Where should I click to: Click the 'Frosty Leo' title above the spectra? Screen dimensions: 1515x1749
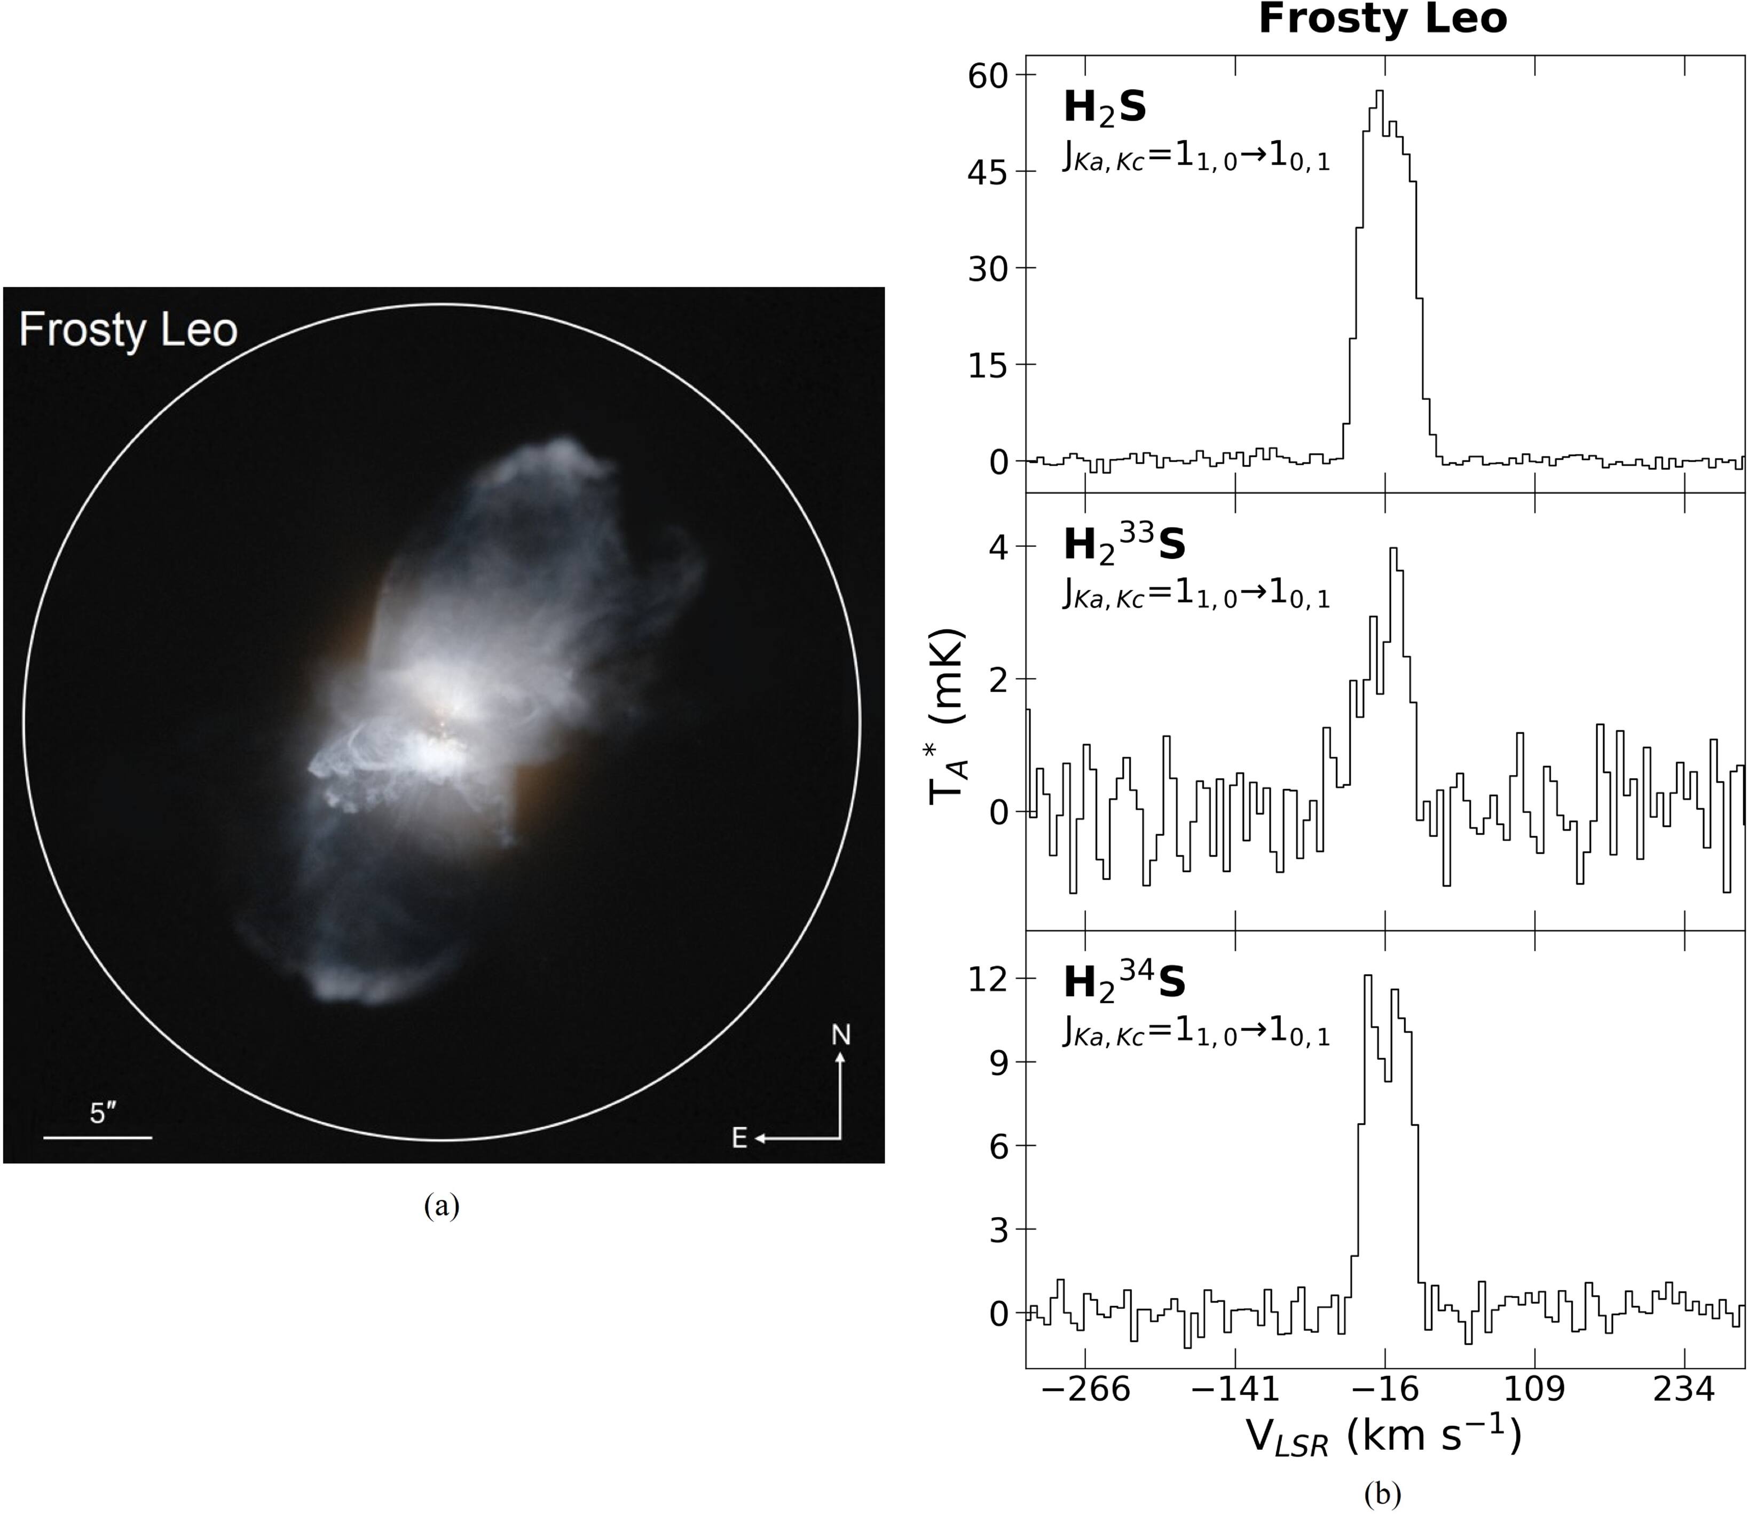pos(1382,19)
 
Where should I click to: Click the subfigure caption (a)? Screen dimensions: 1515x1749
pos(442,1205)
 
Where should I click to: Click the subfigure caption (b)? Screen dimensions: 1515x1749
pos(1383,1494)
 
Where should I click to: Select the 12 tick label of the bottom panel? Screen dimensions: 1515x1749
pos(991,980)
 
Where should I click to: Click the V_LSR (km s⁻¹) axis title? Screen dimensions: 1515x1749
pos(1383,1437)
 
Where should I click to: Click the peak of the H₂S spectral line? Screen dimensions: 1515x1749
pos(1380,91)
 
